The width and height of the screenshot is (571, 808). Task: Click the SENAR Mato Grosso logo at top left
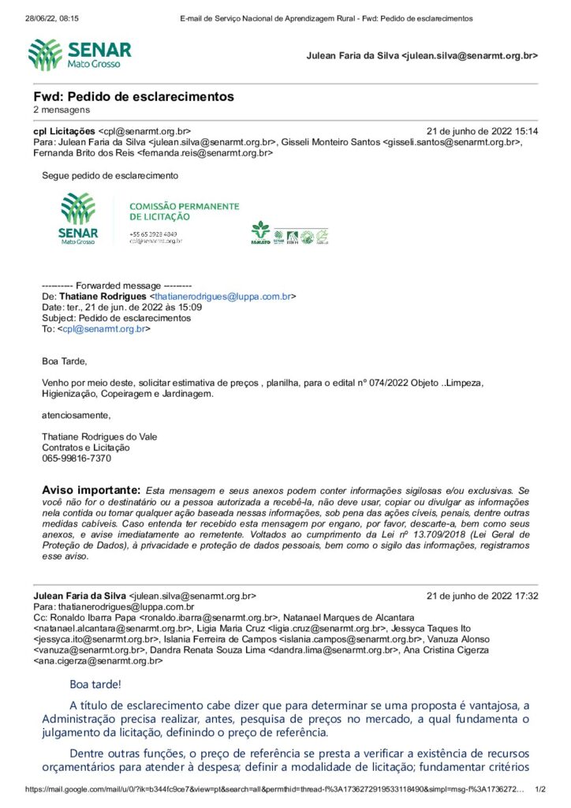coord(79,54)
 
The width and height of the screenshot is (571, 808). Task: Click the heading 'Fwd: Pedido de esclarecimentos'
coord(133,96)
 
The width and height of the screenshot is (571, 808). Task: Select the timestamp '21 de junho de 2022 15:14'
coord(482,131)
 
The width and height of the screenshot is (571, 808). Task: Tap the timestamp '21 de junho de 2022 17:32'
coord(482,596)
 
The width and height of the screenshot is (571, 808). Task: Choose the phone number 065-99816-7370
coord(77,458)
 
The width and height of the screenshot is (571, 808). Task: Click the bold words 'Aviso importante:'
coord(91,490)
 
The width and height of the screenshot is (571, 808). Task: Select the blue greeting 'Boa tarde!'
coord(95,683)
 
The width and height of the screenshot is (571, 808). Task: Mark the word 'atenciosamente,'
coord(77,413)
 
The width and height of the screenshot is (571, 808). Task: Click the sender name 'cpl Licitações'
coord(64,131)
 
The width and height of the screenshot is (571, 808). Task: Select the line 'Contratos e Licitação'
coord(86,447)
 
